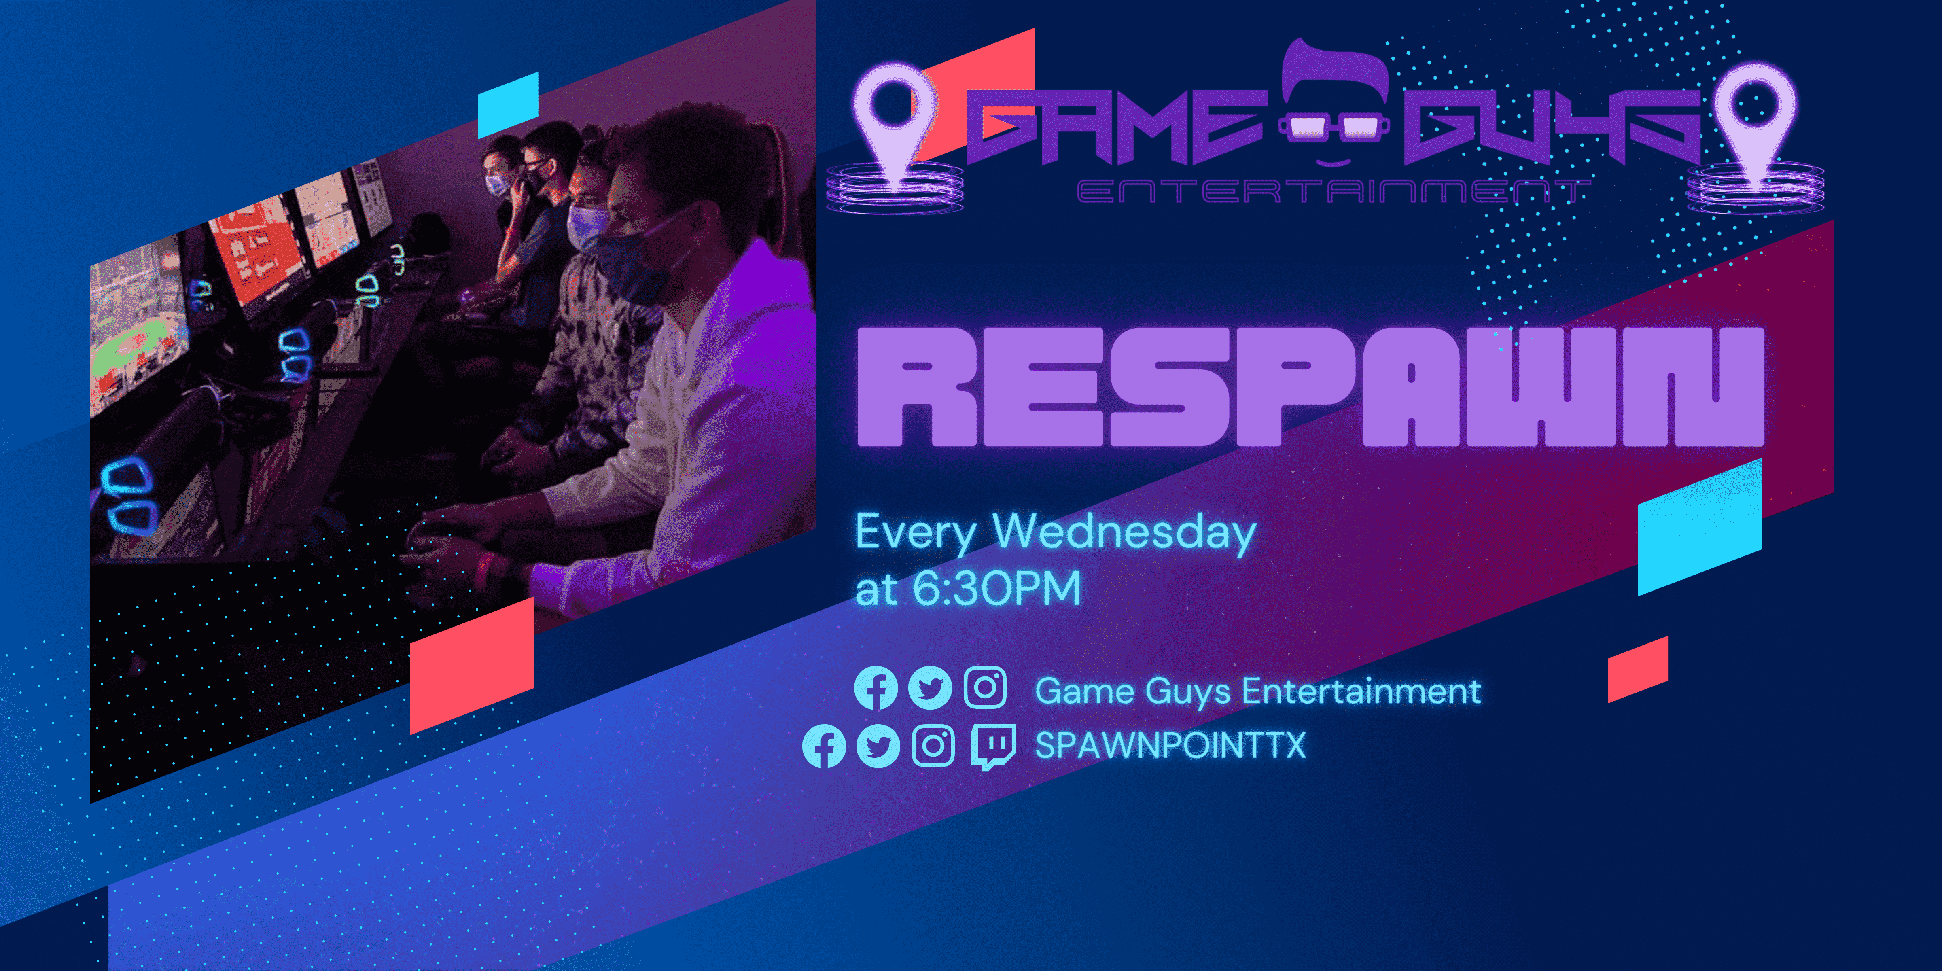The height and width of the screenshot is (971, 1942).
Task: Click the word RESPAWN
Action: point(1310,387)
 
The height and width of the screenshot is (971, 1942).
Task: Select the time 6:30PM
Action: point(996,589)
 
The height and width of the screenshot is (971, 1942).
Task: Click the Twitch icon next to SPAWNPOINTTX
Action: point(992,746)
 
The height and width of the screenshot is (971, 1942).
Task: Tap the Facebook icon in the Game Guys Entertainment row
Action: point(875,688)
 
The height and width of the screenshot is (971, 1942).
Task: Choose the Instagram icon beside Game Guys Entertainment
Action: point(985,687)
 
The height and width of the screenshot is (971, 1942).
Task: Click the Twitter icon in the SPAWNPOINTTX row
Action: point(878,746)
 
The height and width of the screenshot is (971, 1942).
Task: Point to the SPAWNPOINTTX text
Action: point(1170,746)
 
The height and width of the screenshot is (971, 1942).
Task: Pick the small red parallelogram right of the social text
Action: point(1637,670)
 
